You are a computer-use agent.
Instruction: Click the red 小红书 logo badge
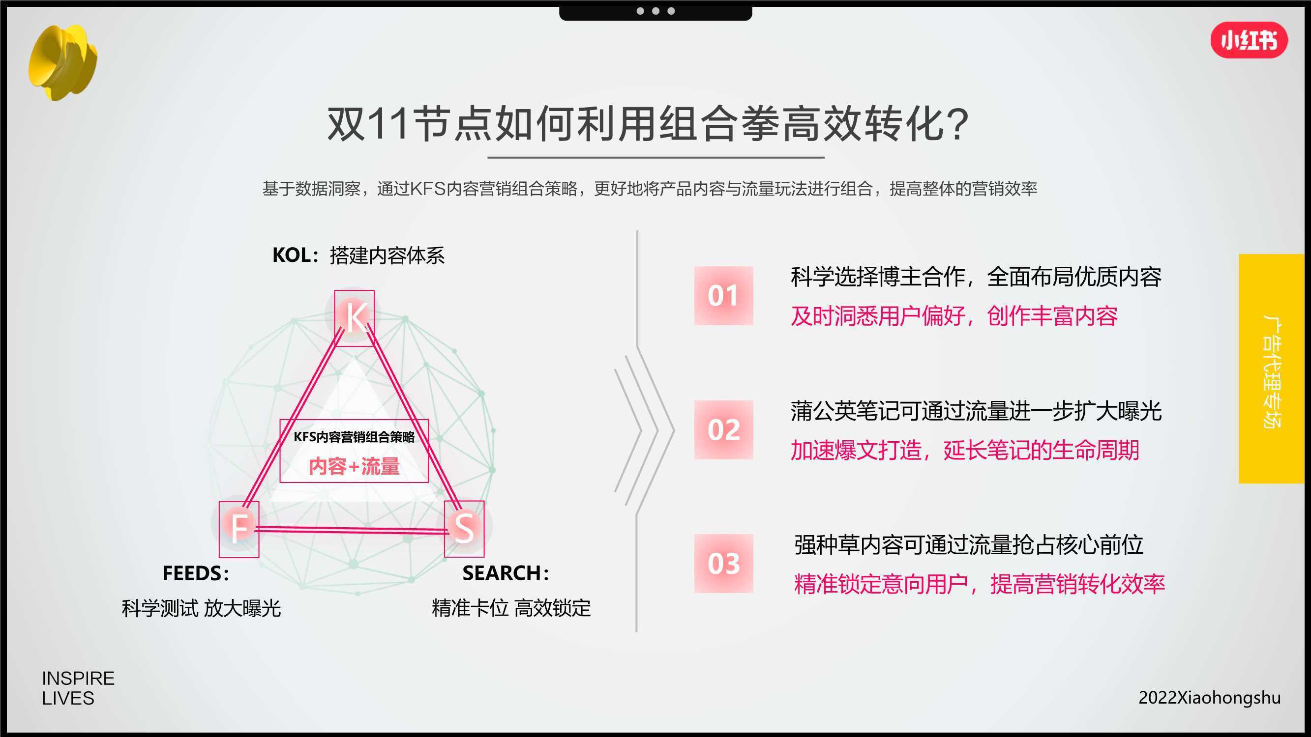[1249, 40]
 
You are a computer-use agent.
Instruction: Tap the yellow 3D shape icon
[62, 62]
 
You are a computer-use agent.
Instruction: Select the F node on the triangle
[239, 529]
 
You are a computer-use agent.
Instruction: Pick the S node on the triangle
[464, 529]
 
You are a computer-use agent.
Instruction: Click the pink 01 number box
[723, 295]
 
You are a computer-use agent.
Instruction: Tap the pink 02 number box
[723, 430]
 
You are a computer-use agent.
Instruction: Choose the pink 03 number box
[723, 564]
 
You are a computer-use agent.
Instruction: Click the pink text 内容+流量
[354, 466]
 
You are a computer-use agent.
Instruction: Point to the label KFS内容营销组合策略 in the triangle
[354, 437]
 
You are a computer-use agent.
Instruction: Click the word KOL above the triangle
[292, 255]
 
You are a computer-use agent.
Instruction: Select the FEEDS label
[192, 574]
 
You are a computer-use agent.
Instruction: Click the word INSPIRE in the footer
[78, 679]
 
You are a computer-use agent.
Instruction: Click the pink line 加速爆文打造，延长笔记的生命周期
[965, 450]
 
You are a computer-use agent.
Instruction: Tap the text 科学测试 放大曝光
[201, 608]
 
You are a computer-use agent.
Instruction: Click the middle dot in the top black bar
[655, 11]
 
